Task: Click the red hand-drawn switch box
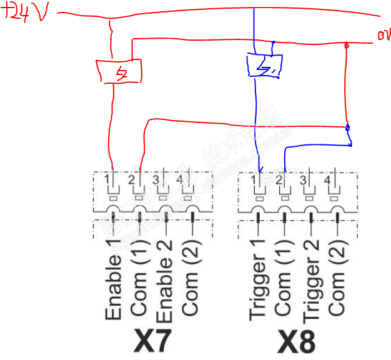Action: point(118,71)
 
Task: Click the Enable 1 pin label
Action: point(114,279)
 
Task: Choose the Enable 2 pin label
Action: point(164,279)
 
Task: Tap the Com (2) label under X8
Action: point(336,284)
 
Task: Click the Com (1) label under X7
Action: point(139,284)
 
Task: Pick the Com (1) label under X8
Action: point(284,284)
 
